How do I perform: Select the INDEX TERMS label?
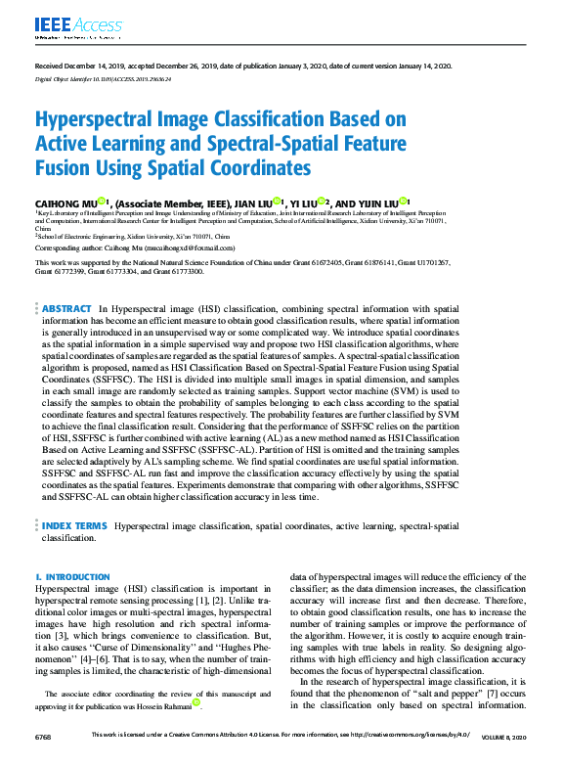[x=74, y=526]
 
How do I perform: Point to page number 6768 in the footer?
[x=45, y=736]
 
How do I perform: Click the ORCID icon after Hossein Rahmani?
[x=196, y=701]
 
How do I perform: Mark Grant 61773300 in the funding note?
[x=180, y=271]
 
